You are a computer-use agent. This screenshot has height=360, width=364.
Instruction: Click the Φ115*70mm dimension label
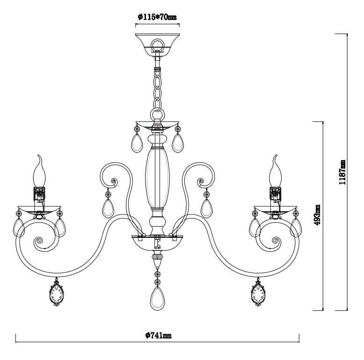coord(157,17)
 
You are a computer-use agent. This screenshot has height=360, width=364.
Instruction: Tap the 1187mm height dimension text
coord(342,172)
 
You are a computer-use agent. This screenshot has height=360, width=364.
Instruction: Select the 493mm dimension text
coord(317,215)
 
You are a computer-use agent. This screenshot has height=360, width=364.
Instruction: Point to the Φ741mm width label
coord(159,335)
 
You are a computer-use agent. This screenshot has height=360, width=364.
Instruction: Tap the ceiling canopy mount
coord(157,44)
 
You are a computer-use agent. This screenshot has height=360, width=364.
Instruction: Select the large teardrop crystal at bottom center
coord(157,298)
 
